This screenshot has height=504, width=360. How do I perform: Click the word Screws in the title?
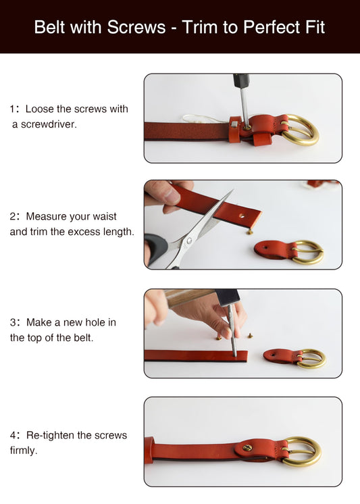pyautogui.click(x=136, y=27)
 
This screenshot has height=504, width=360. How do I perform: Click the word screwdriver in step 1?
pyautogui.click(x=49, y=124)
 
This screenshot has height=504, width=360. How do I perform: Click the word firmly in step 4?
pyautogui.click(x=24, y=451)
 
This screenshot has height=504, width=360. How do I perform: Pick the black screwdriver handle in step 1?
pyautogui.click(x=241, y=80)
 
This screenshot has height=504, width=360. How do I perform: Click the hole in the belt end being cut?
pyautogui.click(x=242, y=216)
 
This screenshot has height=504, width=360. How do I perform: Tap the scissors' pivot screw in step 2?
pyautogui.click(x=188, y=241)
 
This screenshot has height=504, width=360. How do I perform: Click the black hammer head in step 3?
pyautogui.click(x=228, y=297)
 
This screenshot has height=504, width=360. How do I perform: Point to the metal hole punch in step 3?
pyautogui.click(x=232, y=330)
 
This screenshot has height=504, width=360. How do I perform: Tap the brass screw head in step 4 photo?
pyautogui.click(x=247, y=448)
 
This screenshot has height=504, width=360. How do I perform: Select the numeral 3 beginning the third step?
pyautogui.click(x=13, y=322)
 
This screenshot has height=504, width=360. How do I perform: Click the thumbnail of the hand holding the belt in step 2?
pyautogui.click(x=172, y=196)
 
